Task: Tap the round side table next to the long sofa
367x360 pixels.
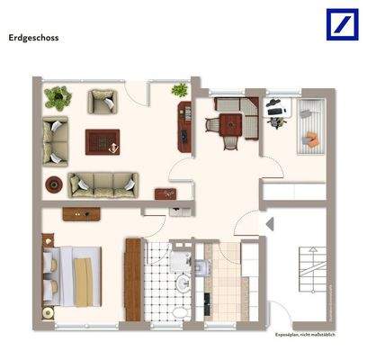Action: [54, 184]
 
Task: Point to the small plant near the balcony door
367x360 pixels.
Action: [178, 89]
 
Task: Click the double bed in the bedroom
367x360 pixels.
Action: [71, 269]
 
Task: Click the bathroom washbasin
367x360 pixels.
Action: [183, 284]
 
